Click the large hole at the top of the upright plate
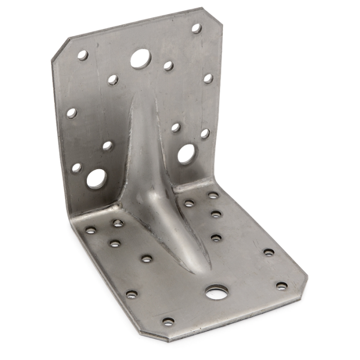click(140, 59)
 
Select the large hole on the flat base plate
click(217, 293)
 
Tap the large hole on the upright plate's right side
click(186, 154)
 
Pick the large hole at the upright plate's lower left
click(96, 178)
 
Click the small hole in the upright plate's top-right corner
click(196, 28)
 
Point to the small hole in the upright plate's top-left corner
click(82, 55)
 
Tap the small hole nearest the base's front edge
click(168, 321)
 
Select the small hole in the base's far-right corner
click(281, 285)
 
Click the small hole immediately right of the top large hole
click(168, 66)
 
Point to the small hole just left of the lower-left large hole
click(76, 168)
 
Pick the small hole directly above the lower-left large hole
click(107, 146)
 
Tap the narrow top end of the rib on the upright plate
click(137, 98)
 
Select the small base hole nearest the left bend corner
click(91, 230)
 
